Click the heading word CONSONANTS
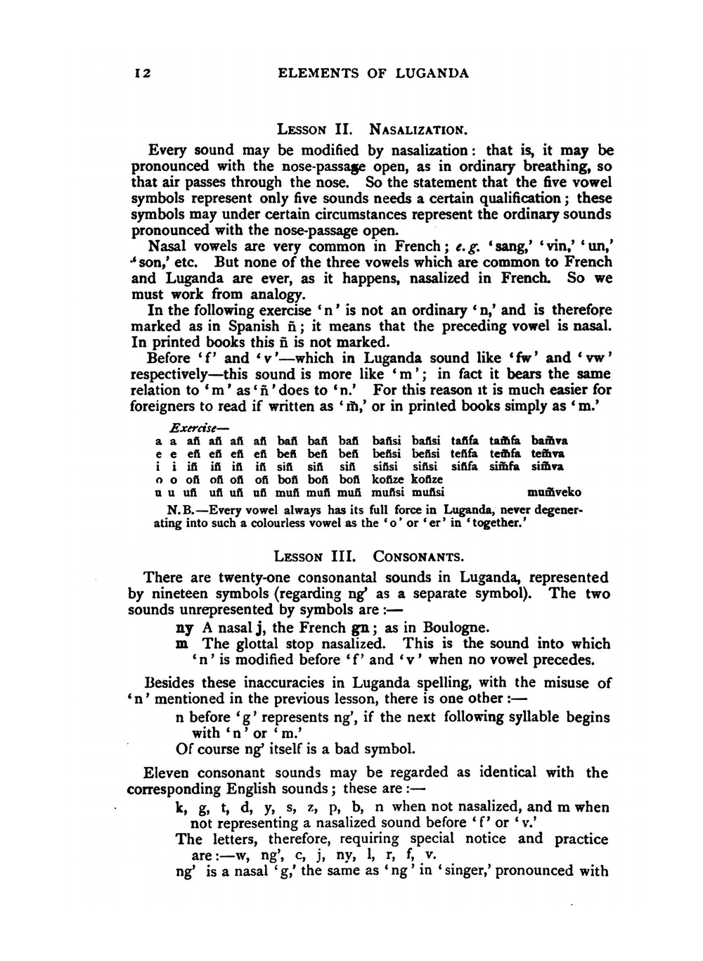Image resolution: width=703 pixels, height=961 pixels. (x=418, y=557)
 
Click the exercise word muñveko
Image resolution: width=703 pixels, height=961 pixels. (x=554, y=492)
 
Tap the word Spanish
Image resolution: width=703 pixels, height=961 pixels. (x=254, y=326)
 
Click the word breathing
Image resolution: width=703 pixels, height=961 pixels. (x=555, y=167)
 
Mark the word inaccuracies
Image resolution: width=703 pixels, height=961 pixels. (x=281, y=682)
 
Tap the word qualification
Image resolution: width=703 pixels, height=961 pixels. (x=521, y=198)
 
